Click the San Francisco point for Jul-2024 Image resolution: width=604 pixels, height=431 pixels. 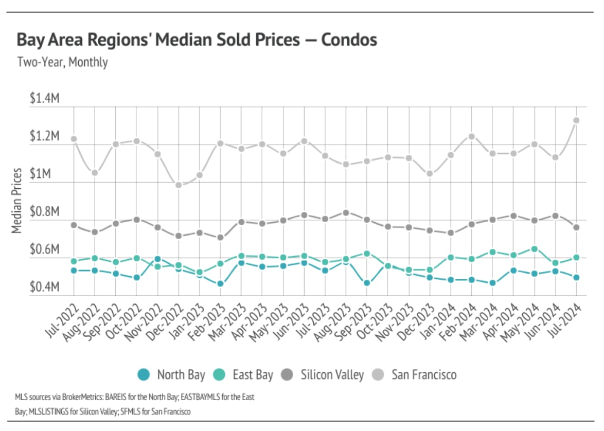coord(576,120)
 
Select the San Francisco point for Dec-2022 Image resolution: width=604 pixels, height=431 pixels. coord(179,185)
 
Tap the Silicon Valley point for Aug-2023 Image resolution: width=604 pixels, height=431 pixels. coord(346,212)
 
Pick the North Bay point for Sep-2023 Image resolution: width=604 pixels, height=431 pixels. coord(367,283)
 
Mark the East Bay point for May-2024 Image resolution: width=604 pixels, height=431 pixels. coord(535,249)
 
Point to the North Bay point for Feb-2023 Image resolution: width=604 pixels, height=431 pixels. coord(220,283)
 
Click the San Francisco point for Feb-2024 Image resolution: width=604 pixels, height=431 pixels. coord(471,136)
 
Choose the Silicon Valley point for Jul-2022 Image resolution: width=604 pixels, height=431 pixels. coord(74,225)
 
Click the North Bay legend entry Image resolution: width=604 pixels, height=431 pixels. coord(172,374)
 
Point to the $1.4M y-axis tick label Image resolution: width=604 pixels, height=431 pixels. coord(45,99)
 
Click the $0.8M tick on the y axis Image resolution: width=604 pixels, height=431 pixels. coord(45,212)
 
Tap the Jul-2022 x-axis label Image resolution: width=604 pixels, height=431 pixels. coord(65,321)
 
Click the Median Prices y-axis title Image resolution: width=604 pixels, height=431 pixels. coord(17,200)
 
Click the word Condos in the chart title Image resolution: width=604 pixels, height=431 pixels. coord(349,40)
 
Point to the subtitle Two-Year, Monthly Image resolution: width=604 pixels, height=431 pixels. coord(62,62)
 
